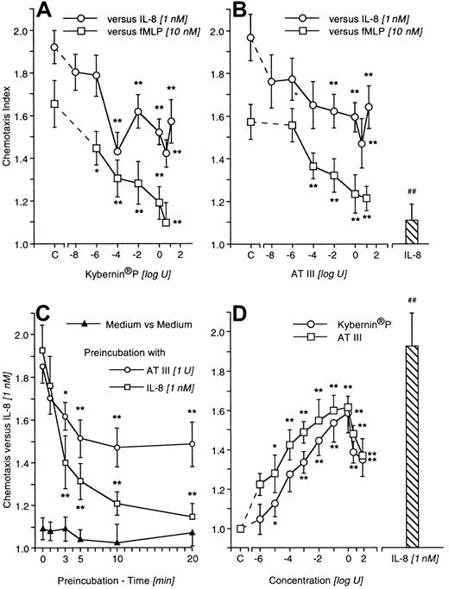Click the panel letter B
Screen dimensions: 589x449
coord(241,13)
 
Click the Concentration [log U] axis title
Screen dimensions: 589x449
coord(312,579)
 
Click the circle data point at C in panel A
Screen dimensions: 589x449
coord(54,47)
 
